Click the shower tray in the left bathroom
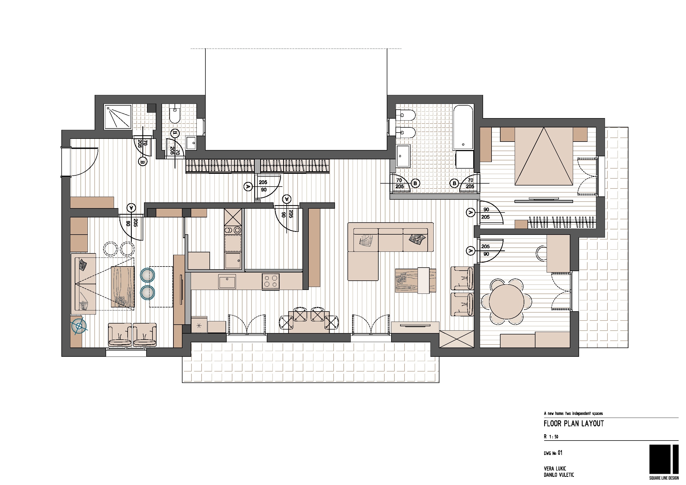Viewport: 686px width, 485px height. tap(118, 117)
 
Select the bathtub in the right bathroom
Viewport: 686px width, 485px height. tap(463, 127)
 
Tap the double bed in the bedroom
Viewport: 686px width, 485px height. tap(544, 156)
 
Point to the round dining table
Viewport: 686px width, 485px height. tap(507, 301)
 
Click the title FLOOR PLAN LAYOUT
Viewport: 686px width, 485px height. tap(574, 423)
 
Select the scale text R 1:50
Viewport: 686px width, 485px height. tap(551, 437)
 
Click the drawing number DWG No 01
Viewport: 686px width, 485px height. tap(553, 453)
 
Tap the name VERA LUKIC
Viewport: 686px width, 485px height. tap(555, 469)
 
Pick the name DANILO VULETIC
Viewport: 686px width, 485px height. tap(559, 475)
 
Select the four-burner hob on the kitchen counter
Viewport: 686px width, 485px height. tap(271, 282)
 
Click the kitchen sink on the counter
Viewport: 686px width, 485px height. tap(227, 282)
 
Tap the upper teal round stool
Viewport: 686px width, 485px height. tap(147, 275)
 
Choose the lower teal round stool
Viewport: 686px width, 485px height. tap(147, 292)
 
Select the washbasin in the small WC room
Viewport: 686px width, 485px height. tap(191, 143)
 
